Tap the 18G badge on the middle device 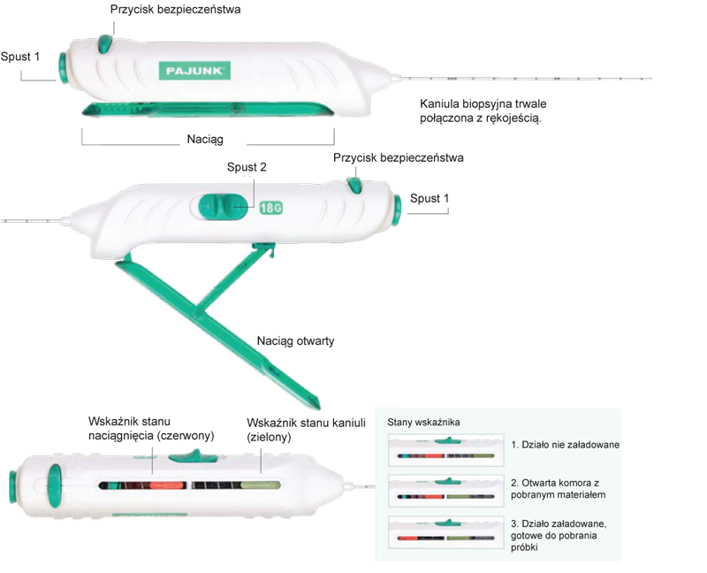point(271,209)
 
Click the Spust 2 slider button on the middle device point(224,207)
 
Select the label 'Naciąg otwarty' point(295,340)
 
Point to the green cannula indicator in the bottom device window point(259,485)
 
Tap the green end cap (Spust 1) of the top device point(63,67)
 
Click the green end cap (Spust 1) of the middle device point(397,205)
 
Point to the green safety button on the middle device point(353,183)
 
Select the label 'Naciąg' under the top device point(205,140)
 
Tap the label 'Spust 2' point(247,166)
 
